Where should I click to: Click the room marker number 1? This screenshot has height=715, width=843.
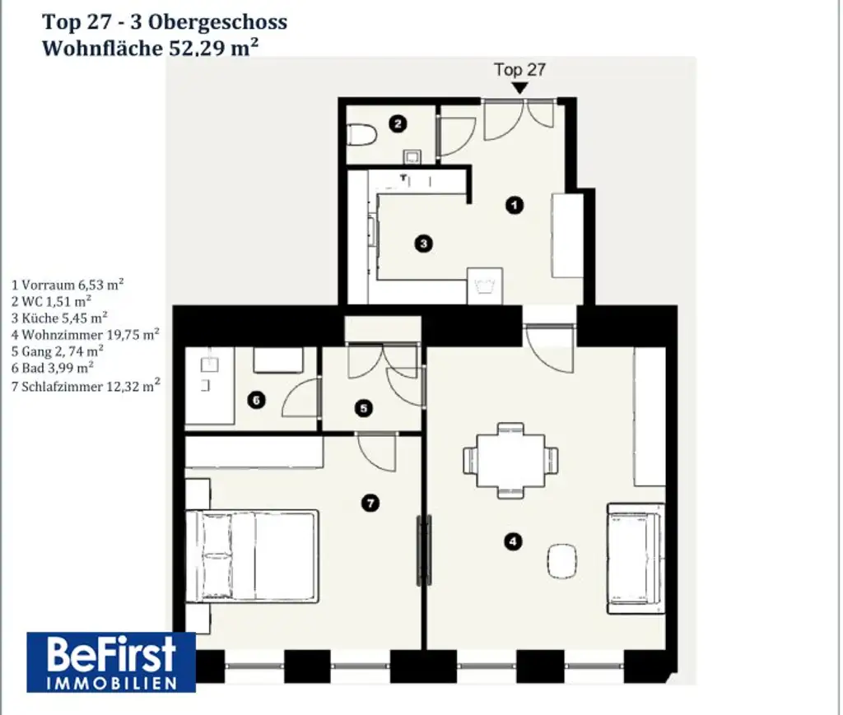515,206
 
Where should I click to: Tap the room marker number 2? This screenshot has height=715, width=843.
398,124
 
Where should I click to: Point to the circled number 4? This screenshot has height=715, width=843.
514,541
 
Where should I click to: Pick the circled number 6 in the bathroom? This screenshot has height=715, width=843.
256,401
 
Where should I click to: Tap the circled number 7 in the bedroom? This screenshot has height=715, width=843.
371,503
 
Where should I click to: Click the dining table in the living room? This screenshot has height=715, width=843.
511,460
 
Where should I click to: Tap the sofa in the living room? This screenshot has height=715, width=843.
636,557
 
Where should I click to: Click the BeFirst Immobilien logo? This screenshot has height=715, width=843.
111,662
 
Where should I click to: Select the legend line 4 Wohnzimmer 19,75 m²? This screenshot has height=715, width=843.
86,334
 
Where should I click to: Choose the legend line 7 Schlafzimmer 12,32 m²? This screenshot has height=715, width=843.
86,384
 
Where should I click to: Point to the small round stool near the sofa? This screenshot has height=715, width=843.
564,562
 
